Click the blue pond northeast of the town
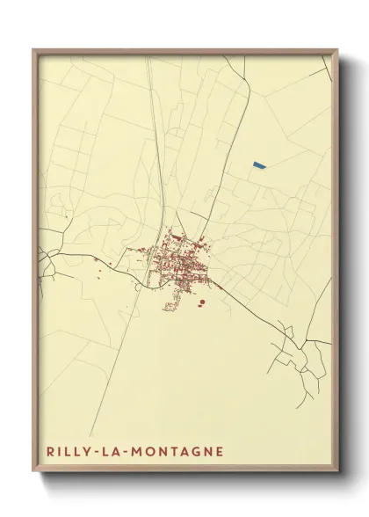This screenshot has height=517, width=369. tap(257, 164)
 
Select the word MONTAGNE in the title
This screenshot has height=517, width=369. tap(172, 451)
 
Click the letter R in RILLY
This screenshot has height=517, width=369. tap(51, 451)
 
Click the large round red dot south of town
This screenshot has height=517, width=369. tap(202, 302)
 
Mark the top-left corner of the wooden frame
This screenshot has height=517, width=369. tap(33, 49)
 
